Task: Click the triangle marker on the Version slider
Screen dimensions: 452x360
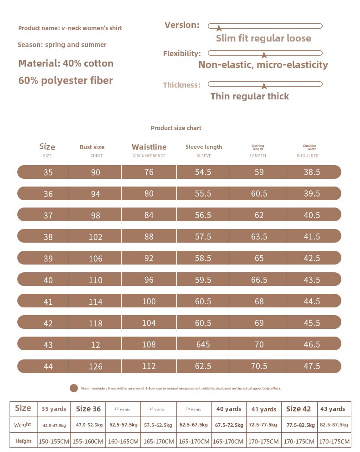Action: click(219, 28)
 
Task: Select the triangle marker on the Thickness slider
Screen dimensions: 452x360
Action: click(264, 85)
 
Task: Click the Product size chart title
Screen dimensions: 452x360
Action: click(176, 128)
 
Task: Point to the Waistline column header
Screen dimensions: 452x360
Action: click(149, 147)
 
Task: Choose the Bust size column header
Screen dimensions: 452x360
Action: click(92, 147)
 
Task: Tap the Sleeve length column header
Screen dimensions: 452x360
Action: click(204, 147)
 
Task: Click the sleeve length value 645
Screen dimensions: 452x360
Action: click(203, 344)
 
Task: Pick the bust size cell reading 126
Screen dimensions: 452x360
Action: click(96, 366)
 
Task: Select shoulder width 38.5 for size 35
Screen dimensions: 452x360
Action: click(312, 172)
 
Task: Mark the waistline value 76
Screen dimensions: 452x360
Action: click(149, 172)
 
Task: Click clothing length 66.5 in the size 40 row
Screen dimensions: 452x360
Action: click(259, 280)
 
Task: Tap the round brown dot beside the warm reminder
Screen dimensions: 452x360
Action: click(74, 388)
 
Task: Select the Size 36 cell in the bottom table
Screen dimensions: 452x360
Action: click(88, 409)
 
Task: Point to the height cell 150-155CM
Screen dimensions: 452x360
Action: click(54, 442)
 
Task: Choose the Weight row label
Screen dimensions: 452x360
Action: click(23, 425)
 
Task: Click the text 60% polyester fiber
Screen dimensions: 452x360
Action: click(66, 81)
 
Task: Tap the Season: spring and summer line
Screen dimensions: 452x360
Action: click(62, 45)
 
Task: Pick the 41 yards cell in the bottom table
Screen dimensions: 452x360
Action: click(264, 409)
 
